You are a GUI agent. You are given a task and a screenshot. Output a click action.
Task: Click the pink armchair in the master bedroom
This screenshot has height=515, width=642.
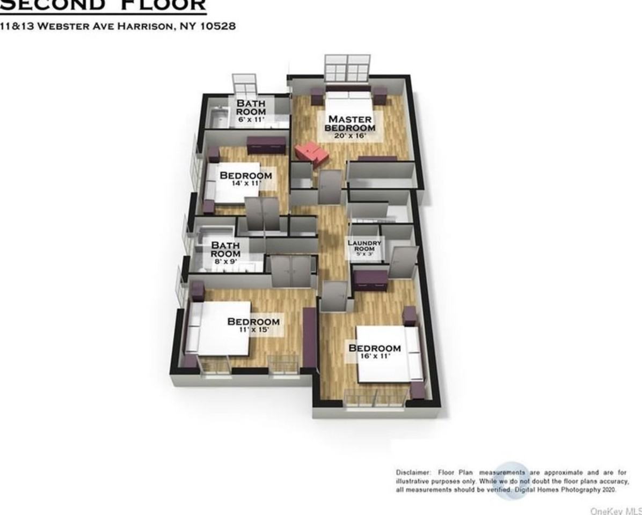311,152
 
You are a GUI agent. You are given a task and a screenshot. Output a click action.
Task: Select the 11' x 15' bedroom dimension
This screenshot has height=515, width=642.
253,330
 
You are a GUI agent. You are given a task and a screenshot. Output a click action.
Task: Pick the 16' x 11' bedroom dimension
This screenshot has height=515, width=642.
374,356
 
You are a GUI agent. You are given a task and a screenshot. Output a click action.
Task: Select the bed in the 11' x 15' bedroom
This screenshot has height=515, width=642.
217,327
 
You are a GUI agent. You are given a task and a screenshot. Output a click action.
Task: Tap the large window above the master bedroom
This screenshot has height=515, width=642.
346,67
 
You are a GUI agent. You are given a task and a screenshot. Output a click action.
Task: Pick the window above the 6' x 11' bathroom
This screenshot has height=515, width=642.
245,85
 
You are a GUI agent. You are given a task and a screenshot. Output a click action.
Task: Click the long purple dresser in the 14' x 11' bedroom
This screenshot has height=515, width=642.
266,145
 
